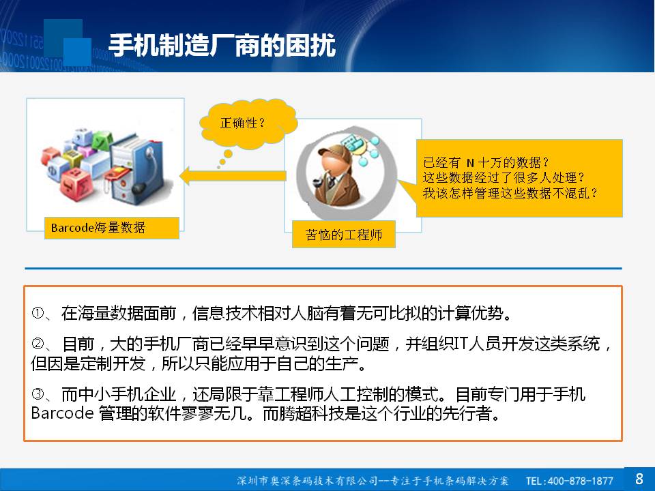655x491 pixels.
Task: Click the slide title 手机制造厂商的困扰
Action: pyautogui.click(x=222, y=45)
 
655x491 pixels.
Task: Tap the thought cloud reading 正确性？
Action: pyautogui.click(x=248, y=124)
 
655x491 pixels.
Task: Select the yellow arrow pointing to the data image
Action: pyautogui.click(x=233, y=176)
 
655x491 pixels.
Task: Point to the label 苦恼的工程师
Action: pyautogui.click(x=343, y=235)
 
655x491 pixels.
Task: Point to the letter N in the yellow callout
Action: pyautogui.click(x=470, y=162)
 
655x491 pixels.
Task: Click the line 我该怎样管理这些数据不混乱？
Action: pyautogui.click(x=510, y=193)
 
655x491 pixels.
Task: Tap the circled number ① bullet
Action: pyautogui.click(x=38, y=313)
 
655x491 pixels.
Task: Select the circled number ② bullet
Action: pyautogui.click(x=38, y=344)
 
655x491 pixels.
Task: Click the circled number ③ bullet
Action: pyautogui.click(x=38, y=393)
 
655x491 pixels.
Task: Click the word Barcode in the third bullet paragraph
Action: pyautogui.click(x=62, y=413)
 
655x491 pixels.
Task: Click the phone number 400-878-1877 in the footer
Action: pyautogui.click(x=580, y=481)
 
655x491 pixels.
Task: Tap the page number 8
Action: pyautogui.click(x=639, y=479)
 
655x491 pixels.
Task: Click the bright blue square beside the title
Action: pyautogui.click(x=78, y=53)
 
